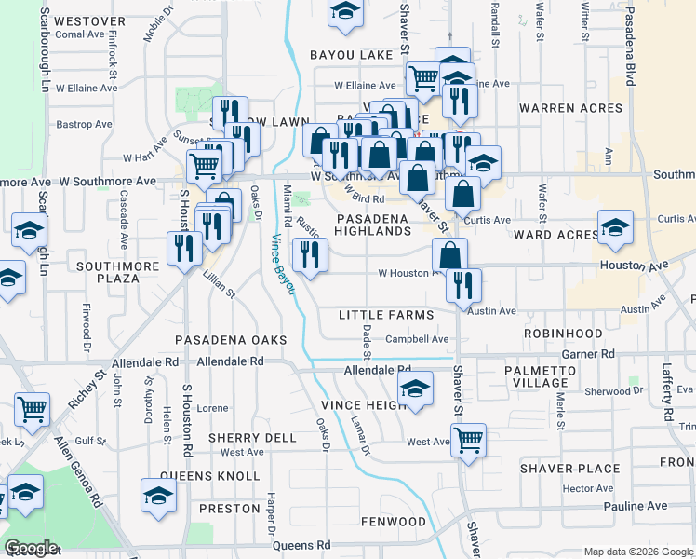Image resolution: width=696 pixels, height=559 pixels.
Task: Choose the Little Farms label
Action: [x=386, y=315]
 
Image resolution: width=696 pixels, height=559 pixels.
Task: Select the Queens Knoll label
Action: [x=207, y=475]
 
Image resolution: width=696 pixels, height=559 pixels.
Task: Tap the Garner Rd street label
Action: [x=588, y=355]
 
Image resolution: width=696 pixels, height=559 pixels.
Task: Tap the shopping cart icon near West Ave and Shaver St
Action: [x=468, y=439]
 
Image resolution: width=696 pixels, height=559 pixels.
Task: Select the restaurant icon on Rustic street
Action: [x=310, y=254]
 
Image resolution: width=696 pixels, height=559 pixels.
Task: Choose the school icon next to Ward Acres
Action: [x=614, y=228]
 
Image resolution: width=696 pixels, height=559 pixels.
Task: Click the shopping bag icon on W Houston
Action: [x=449, y=254]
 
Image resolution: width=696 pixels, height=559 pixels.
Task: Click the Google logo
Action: [x=31, y=548]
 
